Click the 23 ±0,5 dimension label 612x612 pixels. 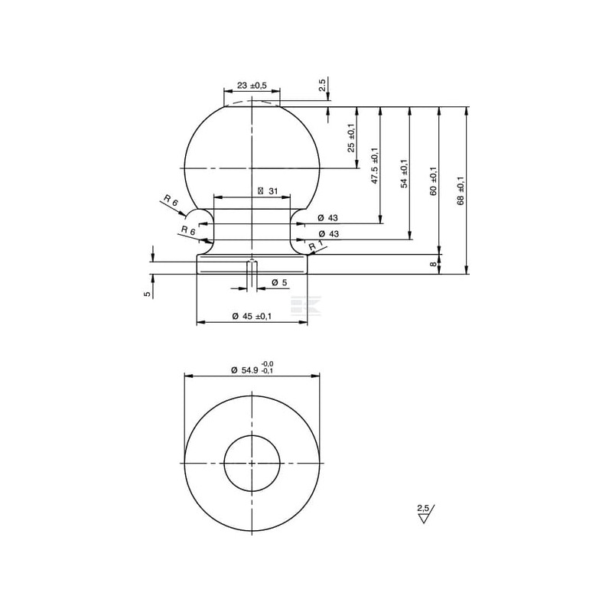point(252,86)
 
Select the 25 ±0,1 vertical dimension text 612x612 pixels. point(351,138)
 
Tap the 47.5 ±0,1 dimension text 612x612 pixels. point(375,165)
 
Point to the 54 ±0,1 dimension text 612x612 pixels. point(404,174)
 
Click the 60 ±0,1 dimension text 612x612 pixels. point(434,181)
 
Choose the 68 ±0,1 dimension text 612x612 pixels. point(461,190)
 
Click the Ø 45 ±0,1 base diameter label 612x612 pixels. point(252,316)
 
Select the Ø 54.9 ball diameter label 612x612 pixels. point(252,368)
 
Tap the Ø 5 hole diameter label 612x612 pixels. point(279,282)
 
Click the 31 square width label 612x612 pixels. point(268,190)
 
